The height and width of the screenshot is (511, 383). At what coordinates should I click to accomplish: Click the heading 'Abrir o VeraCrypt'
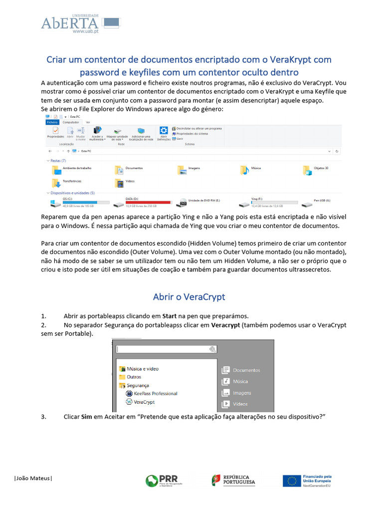189,297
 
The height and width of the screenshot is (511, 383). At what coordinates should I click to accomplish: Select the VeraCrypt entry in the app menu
144,402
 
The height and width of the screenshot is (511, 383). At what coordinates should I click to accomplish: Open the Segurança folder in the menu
138,385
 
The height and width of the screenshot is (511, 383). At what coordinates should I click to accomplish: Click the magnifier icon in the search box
213,349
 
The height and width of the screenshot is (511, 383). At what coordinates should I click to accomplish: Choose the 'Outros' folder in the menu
134,377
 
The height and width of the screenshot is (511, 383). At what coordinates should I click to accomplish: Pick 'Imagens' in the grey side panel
242,393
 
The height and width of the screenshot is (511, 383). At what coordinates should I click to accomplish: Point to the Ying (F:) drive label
256,199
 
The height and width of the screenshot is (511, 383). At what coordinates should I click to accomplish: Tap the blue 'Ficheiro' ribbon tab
52,122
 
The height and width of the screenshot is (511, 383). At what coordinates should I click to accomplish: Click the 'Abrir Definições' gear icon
163,131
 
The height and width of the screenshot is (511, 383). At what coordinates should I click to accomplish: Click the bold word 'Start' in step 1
170,316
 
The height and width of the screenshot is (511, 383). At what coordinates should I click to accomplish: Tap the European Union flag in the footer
291,481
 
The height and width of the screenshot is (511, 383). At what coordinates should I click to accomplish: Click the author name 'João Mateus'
33,479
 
